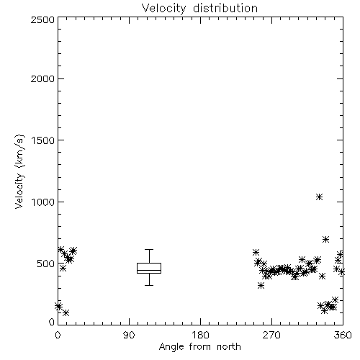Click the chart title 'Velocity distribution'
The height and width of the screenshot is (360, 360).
(199, 8)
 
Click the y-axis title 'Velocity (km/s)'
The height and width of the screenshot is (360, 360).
(19, 171)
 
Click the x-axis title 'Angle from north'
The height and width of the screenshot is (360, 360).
(199, 347)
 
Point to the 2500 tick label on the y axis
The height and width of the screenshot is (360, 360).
(42, 19)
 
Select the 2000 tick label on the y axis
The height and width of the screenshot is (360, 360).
(42, 78)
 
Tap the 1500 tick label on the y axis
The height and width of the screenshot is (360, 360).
(43, 140)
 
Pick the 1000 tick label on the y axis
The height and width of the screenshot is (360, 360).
(43, 202)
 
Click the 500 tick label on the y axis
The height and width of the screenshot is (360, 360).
(46, 264)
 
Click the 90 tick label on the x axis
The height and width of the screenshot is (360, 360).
(129, 335)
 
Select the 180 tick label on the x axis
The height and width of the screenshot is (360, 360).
(200, 335)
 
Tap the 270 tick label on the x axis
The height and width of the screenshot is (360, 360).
(271, 335)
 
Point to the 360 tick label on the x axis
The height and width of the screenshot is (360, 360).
(343, 335)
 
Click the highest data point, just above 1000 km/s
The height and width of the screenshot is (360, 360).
(319, 197)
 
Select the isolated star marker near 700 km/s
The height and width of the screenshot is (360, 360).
(325, 239)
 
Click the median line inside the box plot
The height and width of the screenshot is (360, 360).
(149, 270)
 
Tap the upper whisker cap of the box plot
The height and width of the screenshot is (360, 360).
(149, 250)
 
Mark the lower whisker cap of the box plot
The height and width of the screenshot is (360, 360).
(149, 285)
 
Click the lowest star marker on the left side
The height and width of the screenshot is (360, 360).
(66, 313)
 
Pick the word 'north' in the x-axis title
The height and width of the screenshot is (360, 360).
(229, 346)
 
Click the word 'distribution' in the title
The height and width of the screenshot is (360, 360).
(225, 8)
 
